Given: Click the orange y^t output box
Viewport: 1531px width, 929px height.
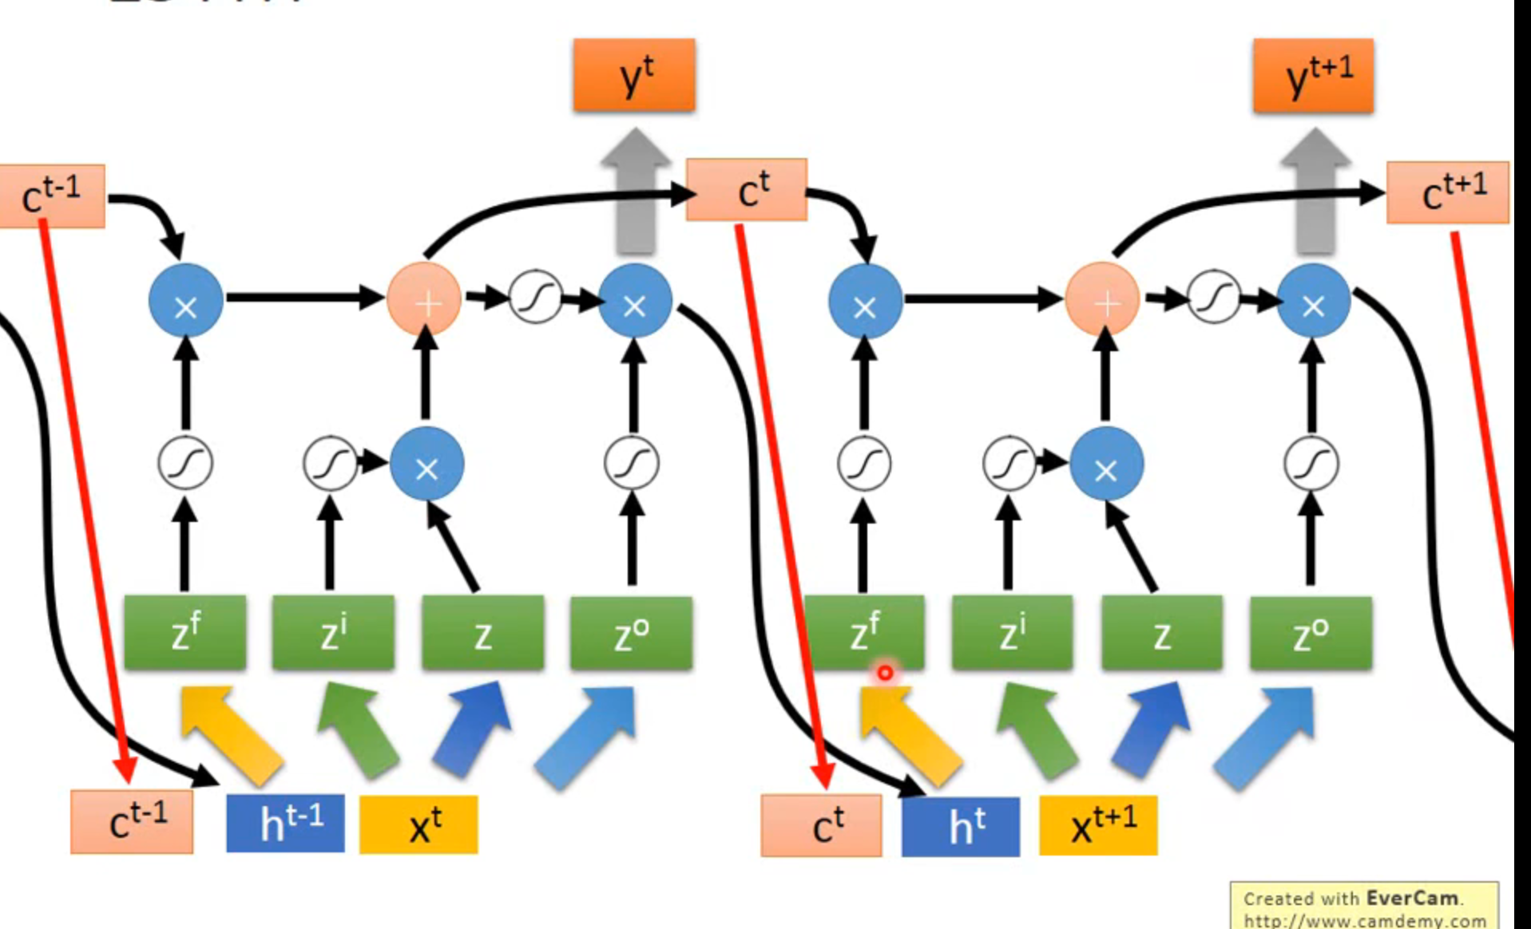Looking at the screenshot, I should (634, 75).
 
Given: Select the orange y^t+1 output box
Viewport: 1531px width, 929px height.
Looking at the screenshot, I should (1313, 76).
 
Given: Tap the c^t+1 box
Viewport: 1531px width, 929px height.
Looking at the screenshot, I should (1447, 192).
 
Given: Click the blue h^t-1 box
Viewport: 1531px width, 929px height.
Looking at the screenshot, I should (286, 823).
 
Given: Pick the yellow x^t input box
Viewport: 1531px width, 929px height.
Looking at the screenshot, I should (418, 824).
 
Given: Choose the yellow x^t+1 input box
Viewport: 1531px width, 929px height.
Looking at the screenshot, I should (1098, 826).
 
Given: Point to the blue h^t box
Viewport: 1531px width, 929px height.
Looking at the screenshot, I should (961, 827).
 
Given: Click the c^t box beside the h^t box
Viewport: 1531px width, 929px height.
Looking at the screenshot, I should (821, 825).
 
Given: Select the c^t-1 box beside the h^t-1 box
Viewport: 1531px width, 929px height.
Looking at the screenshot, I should (132, 822).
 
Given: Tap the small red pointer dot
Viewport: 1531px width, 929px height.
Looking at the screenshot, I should (885, 674).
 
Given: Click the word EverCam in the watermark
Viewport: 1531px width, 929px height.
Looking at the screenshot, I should (1412, 899).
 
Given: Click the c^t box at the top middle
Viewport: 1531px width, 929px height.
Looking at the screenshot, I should (747, 190).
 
